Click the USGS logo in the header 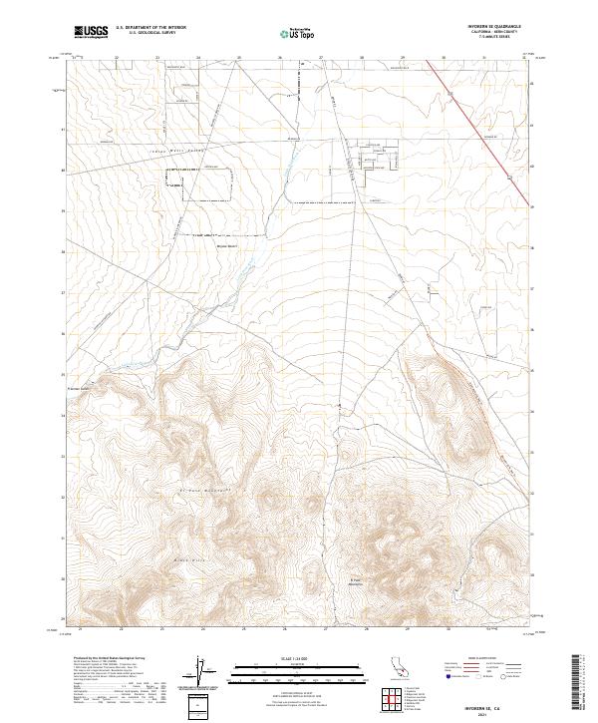(91, 32)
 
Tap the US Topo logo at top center (296, 34)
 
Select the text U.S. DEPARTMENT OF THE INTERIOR (150, 27)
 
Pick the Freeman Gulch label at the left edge (78, 389)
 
